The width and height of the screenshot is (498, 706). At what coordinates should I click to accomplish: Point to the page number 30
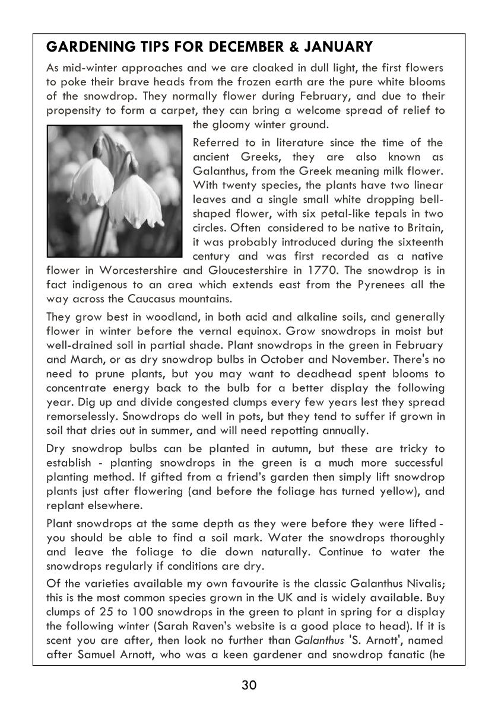(249, 686)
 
